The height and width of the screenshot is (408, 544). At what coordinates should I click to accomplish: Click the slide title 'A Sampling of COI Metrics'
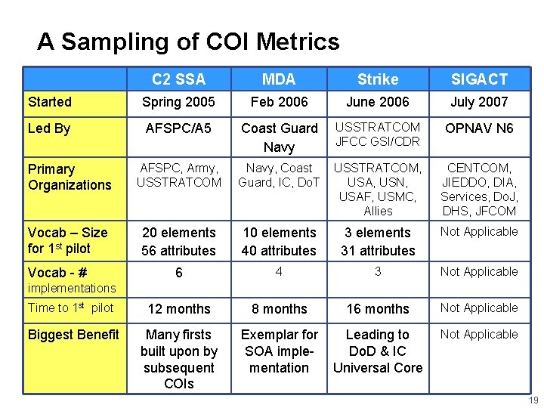pyautogui.click(x=188, y=42)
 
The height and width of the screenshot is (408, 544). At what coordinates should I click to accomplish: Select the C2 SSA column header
pyautogui.click(x=178, y=79)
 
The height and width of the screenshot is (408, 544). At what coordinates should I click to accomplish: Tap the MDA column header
pyautogui.click(x=279, y=79)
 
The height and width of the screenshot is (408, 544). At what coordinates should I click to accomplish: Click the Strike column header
pyautogui.click(x=378, y=79)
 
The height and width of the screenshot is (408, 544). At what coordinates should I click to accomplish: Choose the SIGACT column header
pyautogui.click(x=479, y=79)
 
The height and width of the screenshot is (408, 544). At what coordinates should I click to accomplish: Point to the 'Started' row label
pyautogui.click(x=50, y=102)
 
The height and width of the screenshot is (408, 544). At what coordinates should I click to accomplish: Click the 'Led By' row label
pyautogui.click(x=49, y=128)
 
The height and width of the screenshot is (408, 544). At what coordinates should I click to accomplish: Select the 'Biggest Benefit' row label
pyautogui.click(x=73, y=335)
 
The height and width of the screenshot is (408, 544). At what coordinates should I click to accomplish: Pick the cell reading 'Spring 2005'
pyautogui.click(x=179, y=102)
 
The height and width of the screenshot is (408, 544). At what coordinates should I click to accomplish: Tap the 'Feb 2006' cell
pyautogui.click(x=279, y=102)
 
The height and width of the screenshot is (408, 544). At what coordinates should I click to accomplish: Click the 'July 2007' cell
pyautogui.click(x=479, y=102)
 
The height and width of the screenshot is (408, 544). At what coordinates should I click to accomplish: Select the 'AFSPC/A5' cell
pyautogui.click(x=179, y=128)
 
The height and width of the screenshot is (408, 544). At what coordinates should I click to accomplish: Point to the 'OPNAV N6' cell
pyautogui.click(x=479, y=128)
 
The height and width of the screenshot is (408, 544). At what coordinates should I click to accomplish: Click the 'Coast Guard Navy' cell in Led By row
pyautogui.click(x=279, y=138)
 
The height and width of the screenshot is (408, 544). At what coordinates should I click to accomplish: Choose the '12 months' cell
pyautogui.click(x=179, y=309)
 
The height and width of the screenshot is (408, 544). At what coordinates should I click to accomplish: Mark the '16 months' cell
pyautogui.click(x=378, y=309)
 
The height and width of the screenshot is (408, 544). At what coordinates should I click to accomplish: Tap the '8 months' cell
pyautogui.click(x=279, y=309)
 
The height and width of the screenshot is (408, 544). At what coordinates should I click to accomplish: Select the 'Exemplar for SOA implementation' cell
pyautogui.click(x=279, y=351)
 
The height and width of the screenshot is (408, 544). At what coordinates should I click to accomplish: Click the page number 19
pyautogui.click(x=533, y=400)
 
